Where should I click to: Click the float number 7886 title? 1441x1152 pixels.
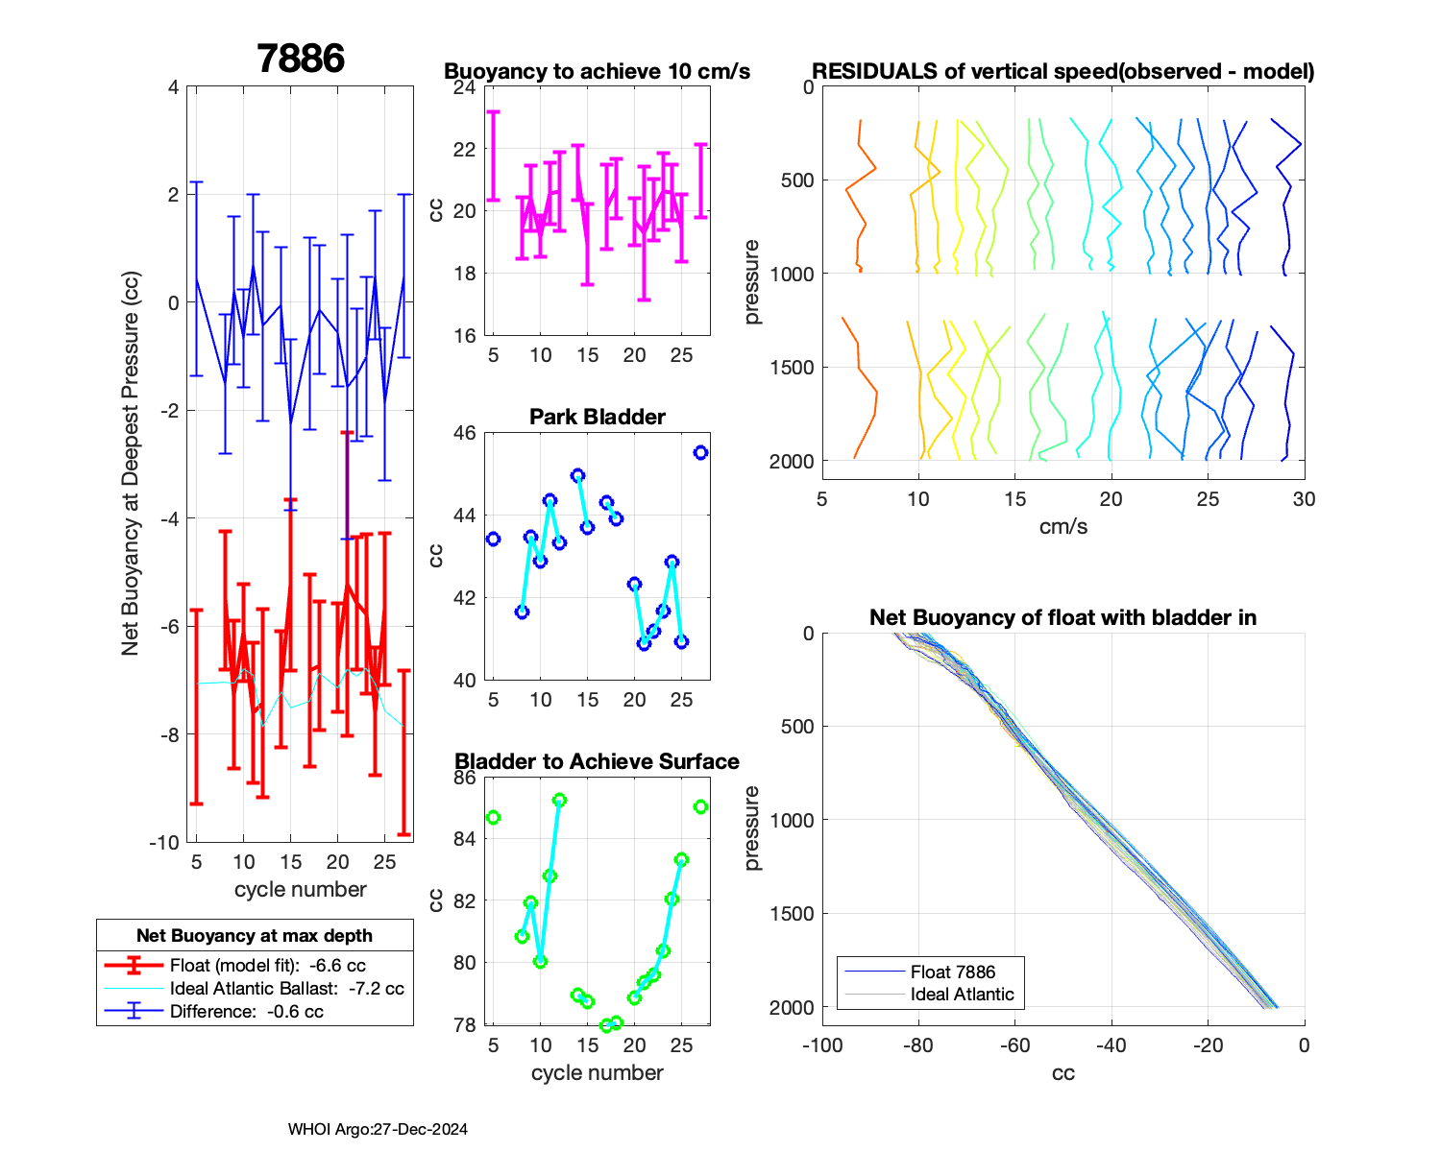pyautogui.click(x=301, y=59)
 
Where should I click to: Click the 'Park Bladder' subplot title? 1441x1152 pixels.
pyautogui.click(x=598, y=417)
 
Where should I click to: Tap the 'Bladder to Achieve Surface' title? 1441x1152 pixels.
pyautogui.click(x=598, y=761)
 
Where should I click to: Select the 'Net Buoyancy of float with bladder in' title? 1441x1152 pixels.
pyautogui.click(x=1062, y=617)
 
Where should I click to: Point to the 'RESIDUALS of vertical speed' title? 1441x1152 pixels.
pyautogui.click(x=1062, y=71)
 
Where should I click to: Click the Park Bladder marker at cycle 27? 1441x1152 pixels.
pyautogui.click(x=700, y=452)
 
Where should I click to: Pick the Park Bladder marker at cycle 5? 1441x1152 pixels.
pyautogui.click(x=494, y=539)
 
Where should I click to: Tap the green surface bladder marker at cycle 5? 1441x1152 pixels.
pyautogui.click(x=494, y=817)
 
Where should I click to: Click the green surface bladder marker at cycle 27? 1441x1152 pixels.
pyautogui.click(x=700, y=806)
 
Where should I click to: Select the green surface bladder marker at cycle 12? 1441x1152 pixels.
pyautogui.click(x=559, y=800)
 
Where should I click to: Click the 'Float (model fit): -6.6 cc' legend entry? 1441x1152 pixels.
pyautogui.click(x=267, y=965)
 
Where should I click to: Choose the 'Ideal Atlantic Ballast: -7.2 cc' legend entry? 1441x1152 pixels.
pyautogui.click(x=286, y=988)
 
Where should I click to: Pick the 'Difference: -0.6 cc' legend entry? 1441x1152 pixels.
pyautogui.click(x=246, y=1011)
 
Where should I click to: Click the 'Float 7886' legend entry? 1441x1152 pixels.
pyautogui.click(x=952, y=972)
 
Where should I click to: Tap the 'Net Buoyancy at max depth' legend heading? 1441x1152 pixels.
pyautogui.click(x=255, y=935)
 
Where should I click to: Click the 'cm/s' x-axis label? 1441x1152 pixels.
pyautogui.click(x=1062, y=526)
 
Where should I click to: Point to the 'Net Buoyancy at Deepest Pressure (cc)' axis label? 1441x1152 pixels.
pyautogui.click(x=131, y=464)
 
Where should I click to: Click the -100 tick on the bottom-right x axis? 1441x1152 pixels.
pyautogui.click(x=822, y=1044)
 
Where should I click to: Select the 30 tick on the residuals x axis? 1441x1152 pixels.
pyautogui.click(x=1304, y=499)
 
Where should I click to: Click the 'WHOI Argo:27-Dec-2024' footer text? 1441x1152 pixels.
pyautogui.click(x=378, y=1129)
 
